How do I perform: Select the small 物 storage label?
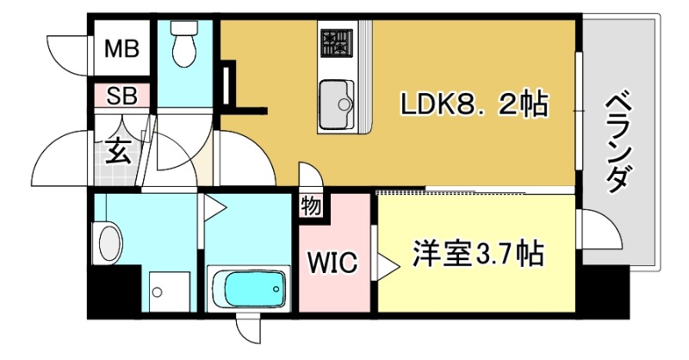(x=310, y=207)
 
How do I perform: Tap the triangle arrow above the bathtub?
(x=214, y=208)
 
